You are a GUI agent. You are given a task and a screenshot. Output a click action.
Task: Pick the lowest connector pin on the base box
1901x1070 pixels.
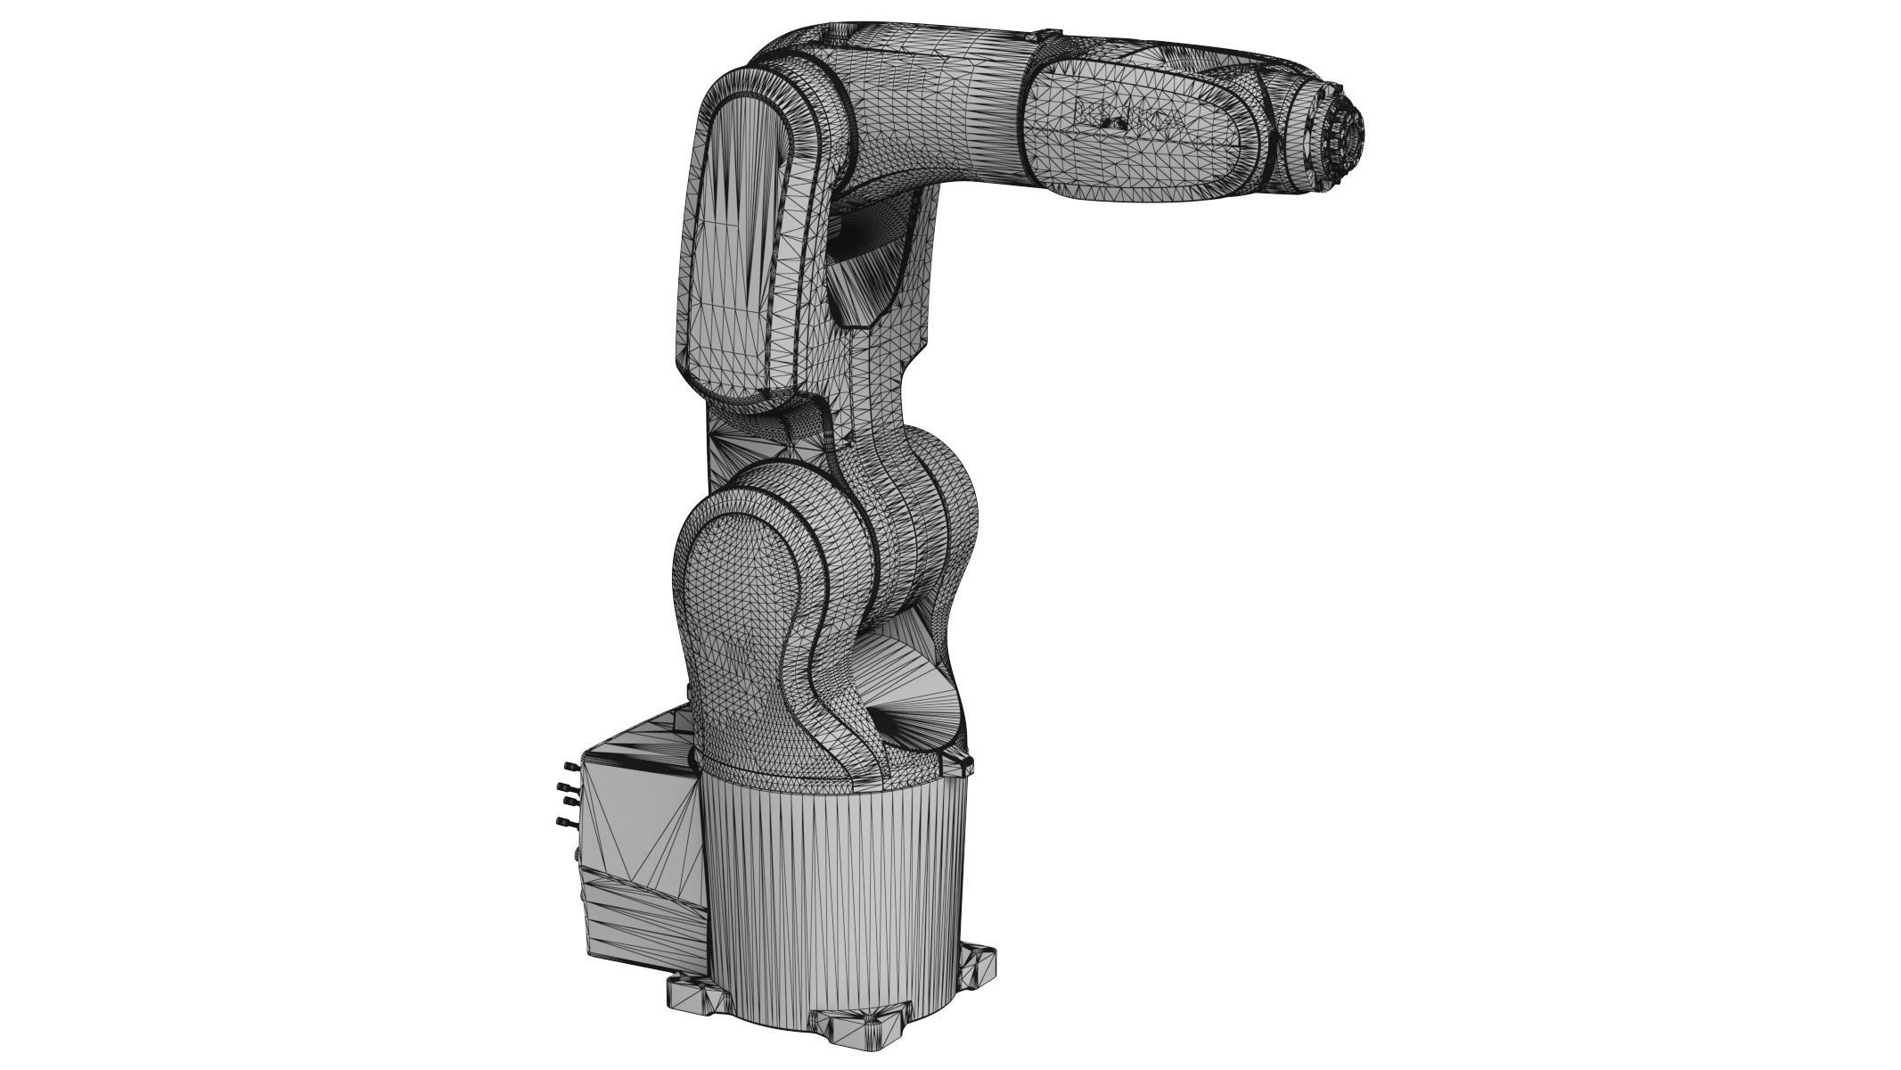(562, 821)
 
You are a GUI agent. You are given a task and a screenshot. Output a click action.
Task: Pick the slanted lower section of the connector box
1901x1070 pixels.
(642, 918)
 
